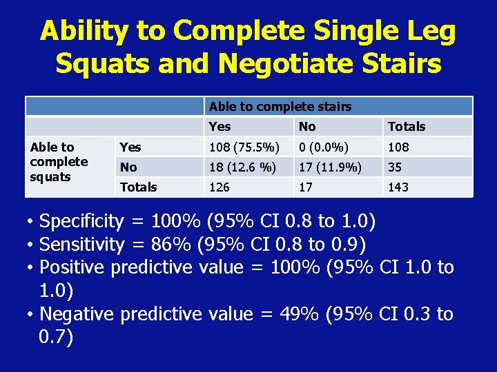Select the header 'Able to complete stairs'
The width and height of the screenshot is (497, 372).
pos(280,106)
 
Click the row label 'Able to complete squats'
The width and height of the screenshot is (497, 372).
pos(59,162)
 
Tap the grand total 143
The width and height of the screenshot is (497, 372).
pos(398,187)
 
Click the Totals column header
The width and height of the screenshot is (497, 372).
pos(407,126)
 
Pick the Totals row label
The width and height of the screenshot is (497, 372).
pos(138,187)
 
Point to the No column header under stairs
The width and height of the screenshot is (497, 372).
pos(307,126)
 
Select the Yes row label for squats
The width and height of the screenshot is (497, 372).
pos(130,147)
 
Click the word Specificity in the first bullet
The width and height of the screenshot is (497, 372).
pos(81,221)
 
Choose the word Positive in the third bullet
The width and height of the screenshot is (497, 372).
pos(72,267)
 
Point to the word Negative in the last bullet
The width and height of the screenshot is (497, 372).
pos(77,313)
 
